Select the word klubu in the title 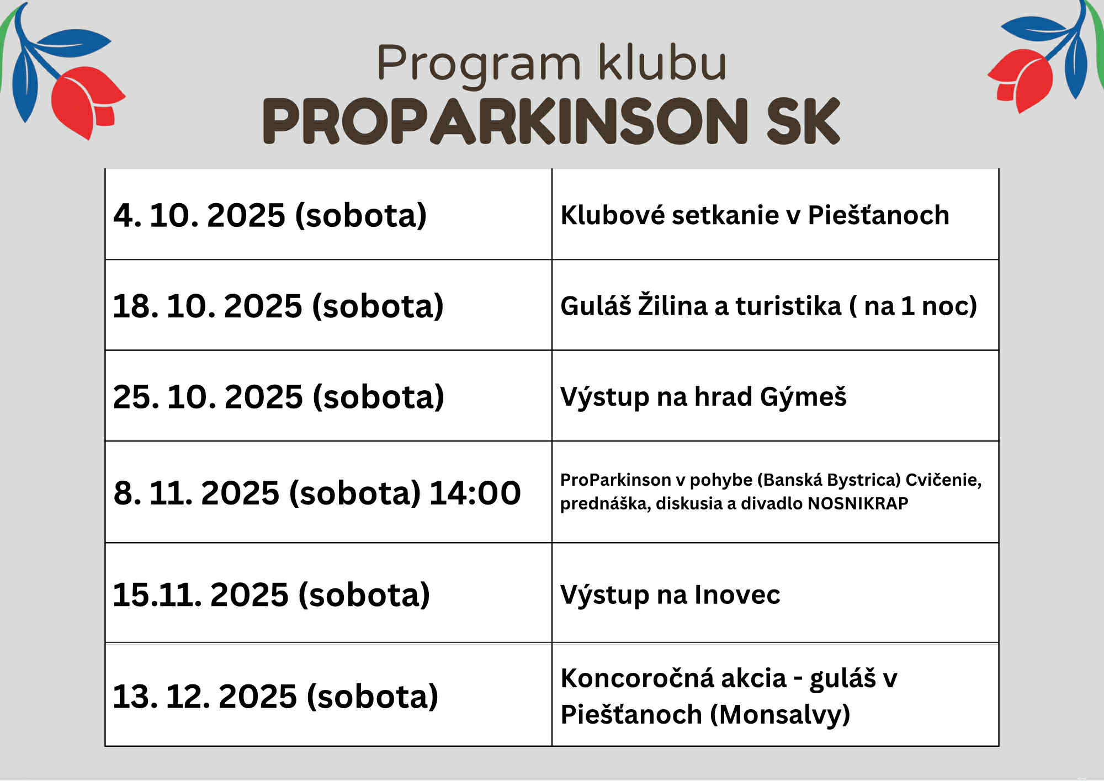tap(662, 62)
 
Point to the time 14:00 tap(475, 492)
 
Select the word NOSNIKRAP tap(858, 503)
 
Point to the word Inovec tap(737, 595)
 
